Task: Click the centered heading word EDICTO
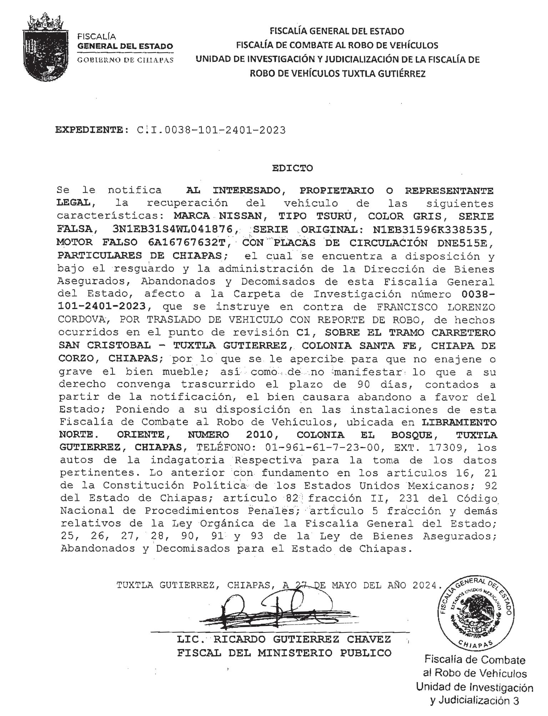coord(292,168)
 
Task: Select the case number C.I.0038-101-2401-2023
coord(211,130)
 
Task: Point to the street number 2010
coord(259,435)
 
